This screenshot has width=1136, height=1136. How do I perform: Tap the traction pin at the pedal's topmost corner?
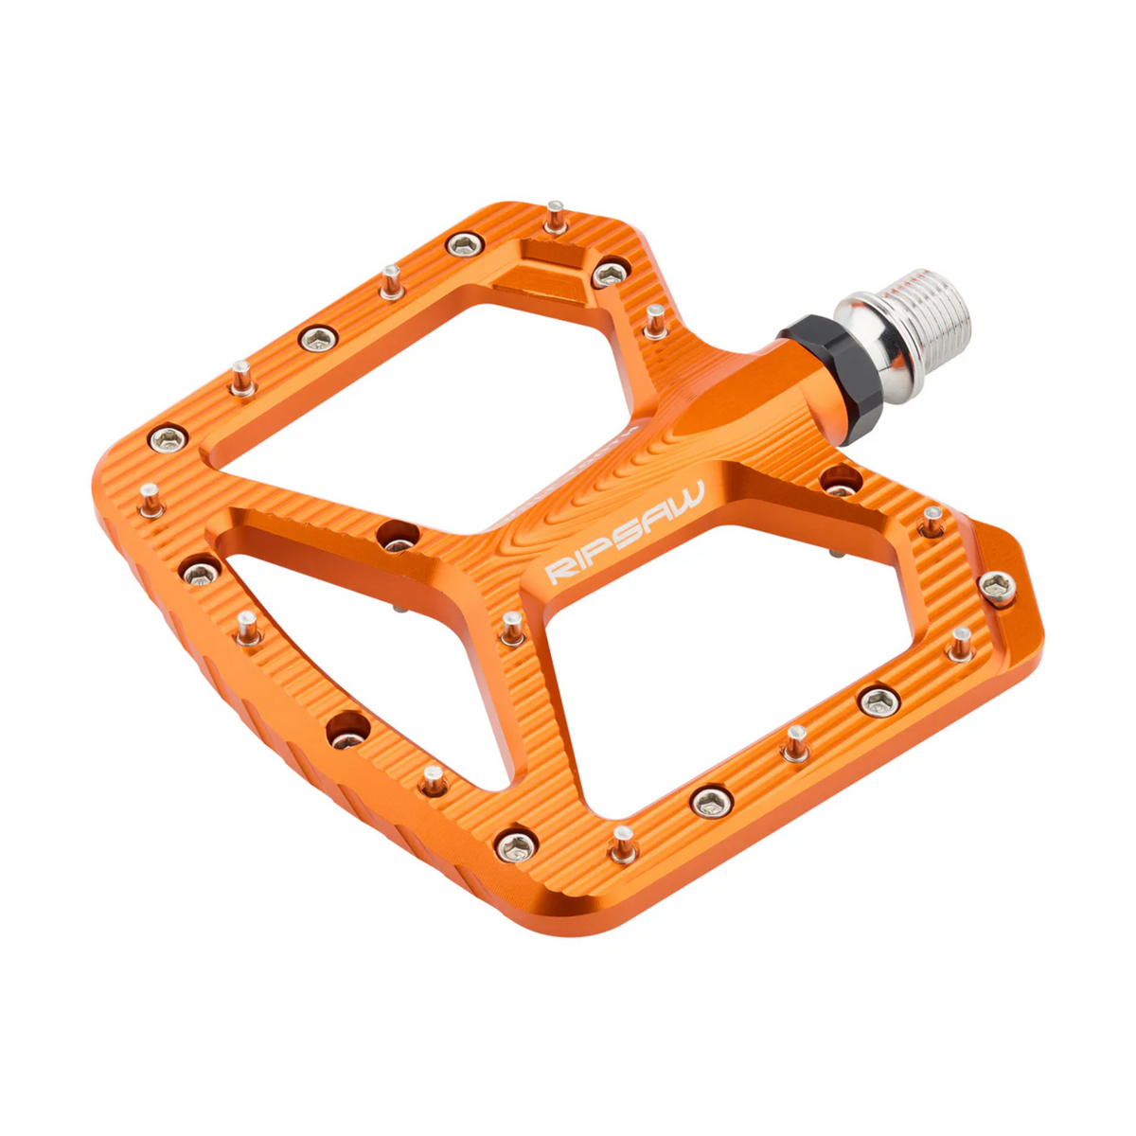pyautogui.click(x=556, y=216)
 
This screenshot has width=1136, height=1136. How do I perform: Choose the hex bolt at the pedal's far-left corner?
pyautogui.click(x=169, y=437)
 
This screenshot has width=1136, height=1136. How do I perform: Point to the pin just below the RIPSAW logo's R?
pyautogui.click(x=511, y=627)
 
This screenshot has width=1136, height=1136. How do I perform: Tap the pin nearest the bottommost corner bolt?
pyautogui.click(x=622, y=843)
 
